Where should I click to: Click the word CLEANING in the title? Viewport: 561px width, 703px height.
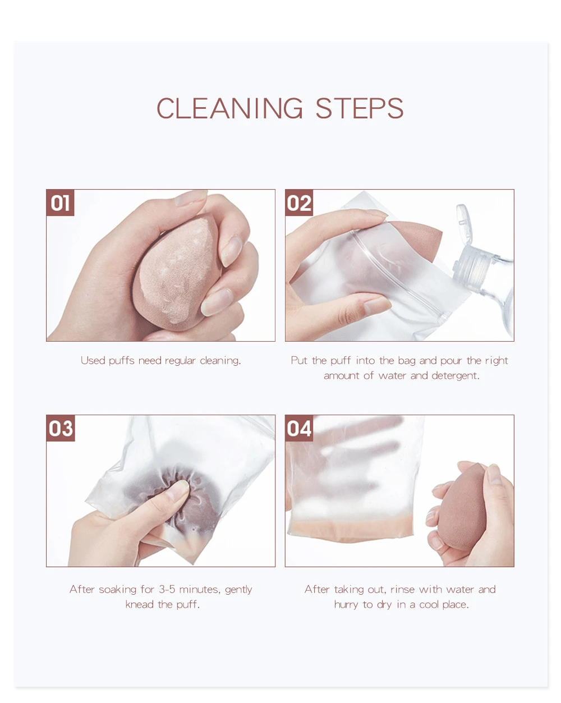[x=229, y=108]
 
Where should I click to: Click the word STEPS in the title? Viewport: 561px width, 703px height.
[x=360, y=108]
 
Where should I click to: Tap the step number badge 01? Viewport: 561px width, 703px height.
[x=60, y=203]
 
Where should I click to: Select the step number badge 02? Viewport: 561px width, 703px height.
[x=299, y=203]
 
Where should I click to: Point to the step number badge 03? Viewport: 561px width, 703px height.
[x=61, y=428]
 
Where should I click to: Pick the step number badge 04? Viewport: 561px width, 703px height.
[x=299, y=428]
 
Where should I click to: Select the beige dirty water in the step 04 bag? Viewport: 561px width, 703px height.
[x=350, y=530]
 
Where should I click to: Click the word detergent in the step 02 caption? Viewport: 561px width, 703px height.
[x=456, y=376]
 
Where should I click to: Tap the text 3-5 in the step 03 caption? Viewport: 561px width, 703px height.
[x=167, y=589]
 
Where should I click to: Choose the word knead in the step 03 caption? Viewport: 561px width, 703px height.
[x=140, y=604]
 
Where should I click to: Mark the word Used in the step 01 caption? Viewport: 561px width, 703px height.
[x=93, y=361]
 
